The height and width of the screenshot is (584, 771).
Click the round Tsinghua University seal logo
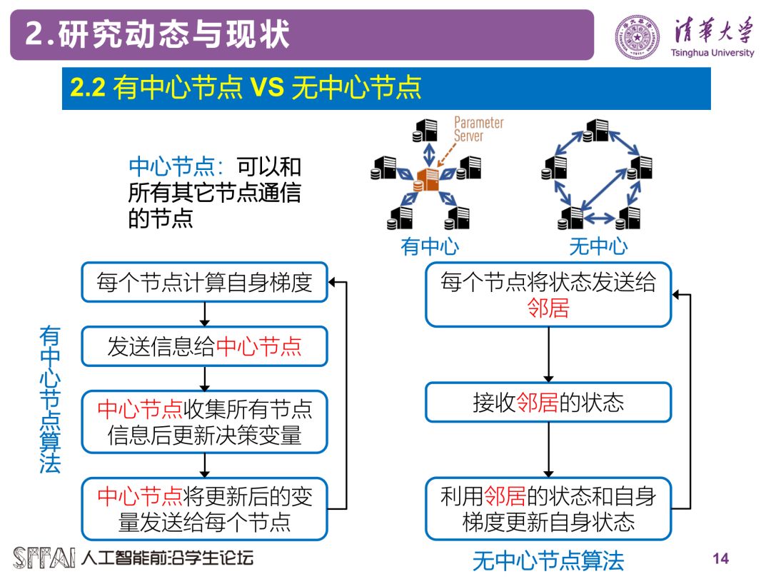638,36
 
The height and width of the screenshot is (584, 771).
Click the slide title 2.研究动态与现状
158,35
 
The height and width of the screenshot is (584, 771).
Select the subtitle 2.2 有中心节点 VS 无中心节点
246,88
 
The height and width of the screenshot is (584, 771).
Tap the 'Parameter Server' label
478,129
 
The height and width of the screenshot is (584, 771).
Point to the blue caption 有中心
430,247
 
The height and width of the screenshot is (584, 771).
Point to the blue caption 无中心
598,247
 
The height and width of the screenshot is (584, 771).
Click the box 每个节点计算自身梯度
204,283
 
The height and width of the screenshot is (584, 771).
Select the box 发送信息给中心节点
204,347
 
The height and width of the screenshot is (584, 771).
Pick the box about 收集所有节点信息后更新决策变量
204,421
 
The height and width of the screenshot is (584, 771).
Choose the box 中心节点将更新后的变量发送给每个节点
204,508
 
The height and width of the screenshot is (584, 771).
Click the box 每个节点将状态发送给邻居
548,294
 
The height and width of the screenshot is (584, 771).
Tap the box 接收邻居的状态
548,403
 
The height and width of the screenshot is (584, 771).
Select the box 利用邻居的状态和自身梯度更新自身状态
548,508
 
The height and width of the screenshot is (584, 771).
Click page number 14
721,558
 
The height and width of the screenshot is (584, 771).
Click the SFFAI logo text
44,558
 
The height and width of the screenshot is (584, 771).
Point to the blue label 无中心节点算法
548,561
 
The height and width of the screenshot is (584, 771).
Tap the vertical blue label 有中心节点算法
50,400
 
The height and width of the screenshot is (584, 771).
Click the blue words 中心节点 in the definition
171,167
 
